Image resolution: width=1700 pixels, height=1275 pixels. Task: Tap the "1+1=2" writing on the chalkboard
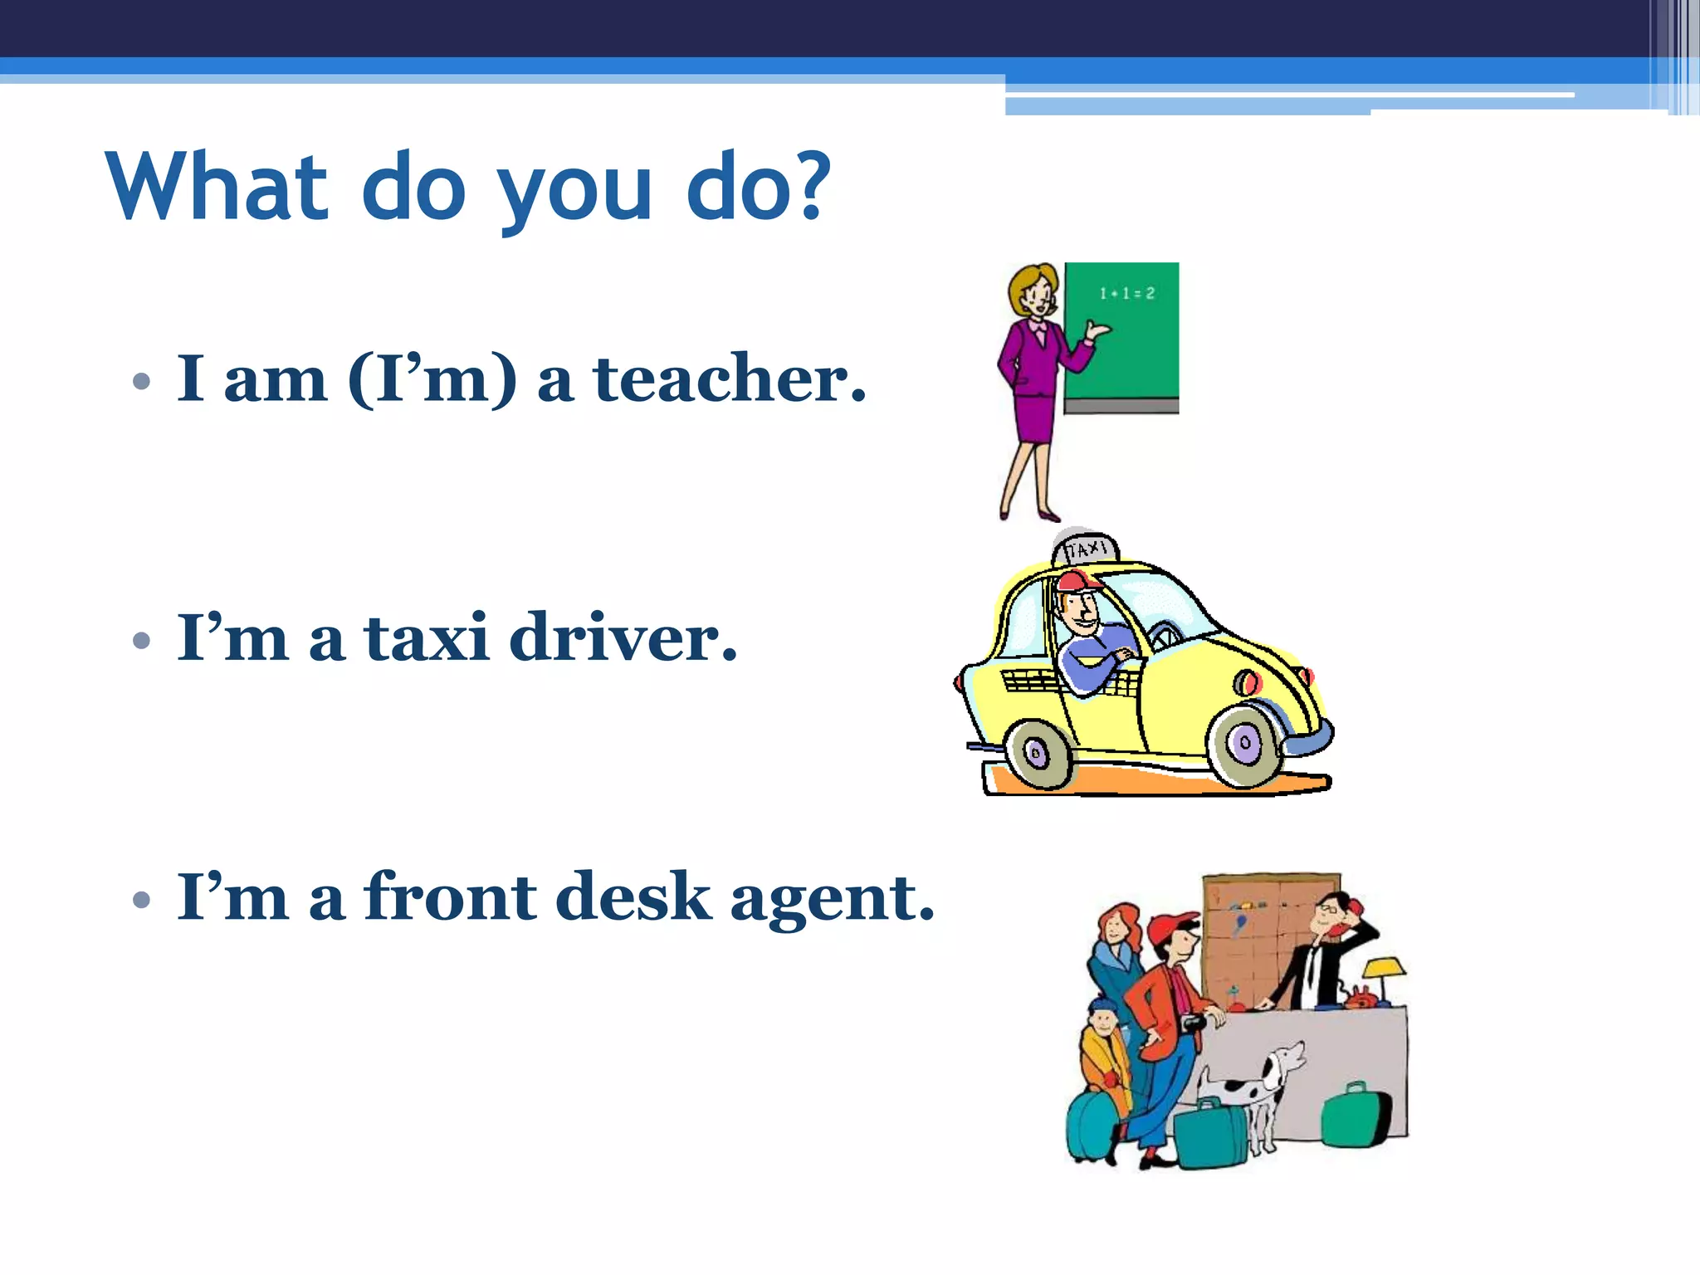tap(1126, 293)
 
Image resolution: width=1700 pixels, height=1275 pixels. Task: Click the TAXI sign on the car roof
tap(1087, 550)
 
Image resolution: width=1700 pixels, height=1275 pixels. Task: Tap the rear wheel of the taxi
tap(1038, 754)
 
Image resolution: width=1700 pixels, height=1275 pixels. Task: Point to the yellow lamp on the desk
tap(1385, 967)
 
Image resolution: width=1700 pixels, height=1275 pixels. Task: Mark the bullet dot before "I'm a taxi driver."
tap(142, 640)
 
